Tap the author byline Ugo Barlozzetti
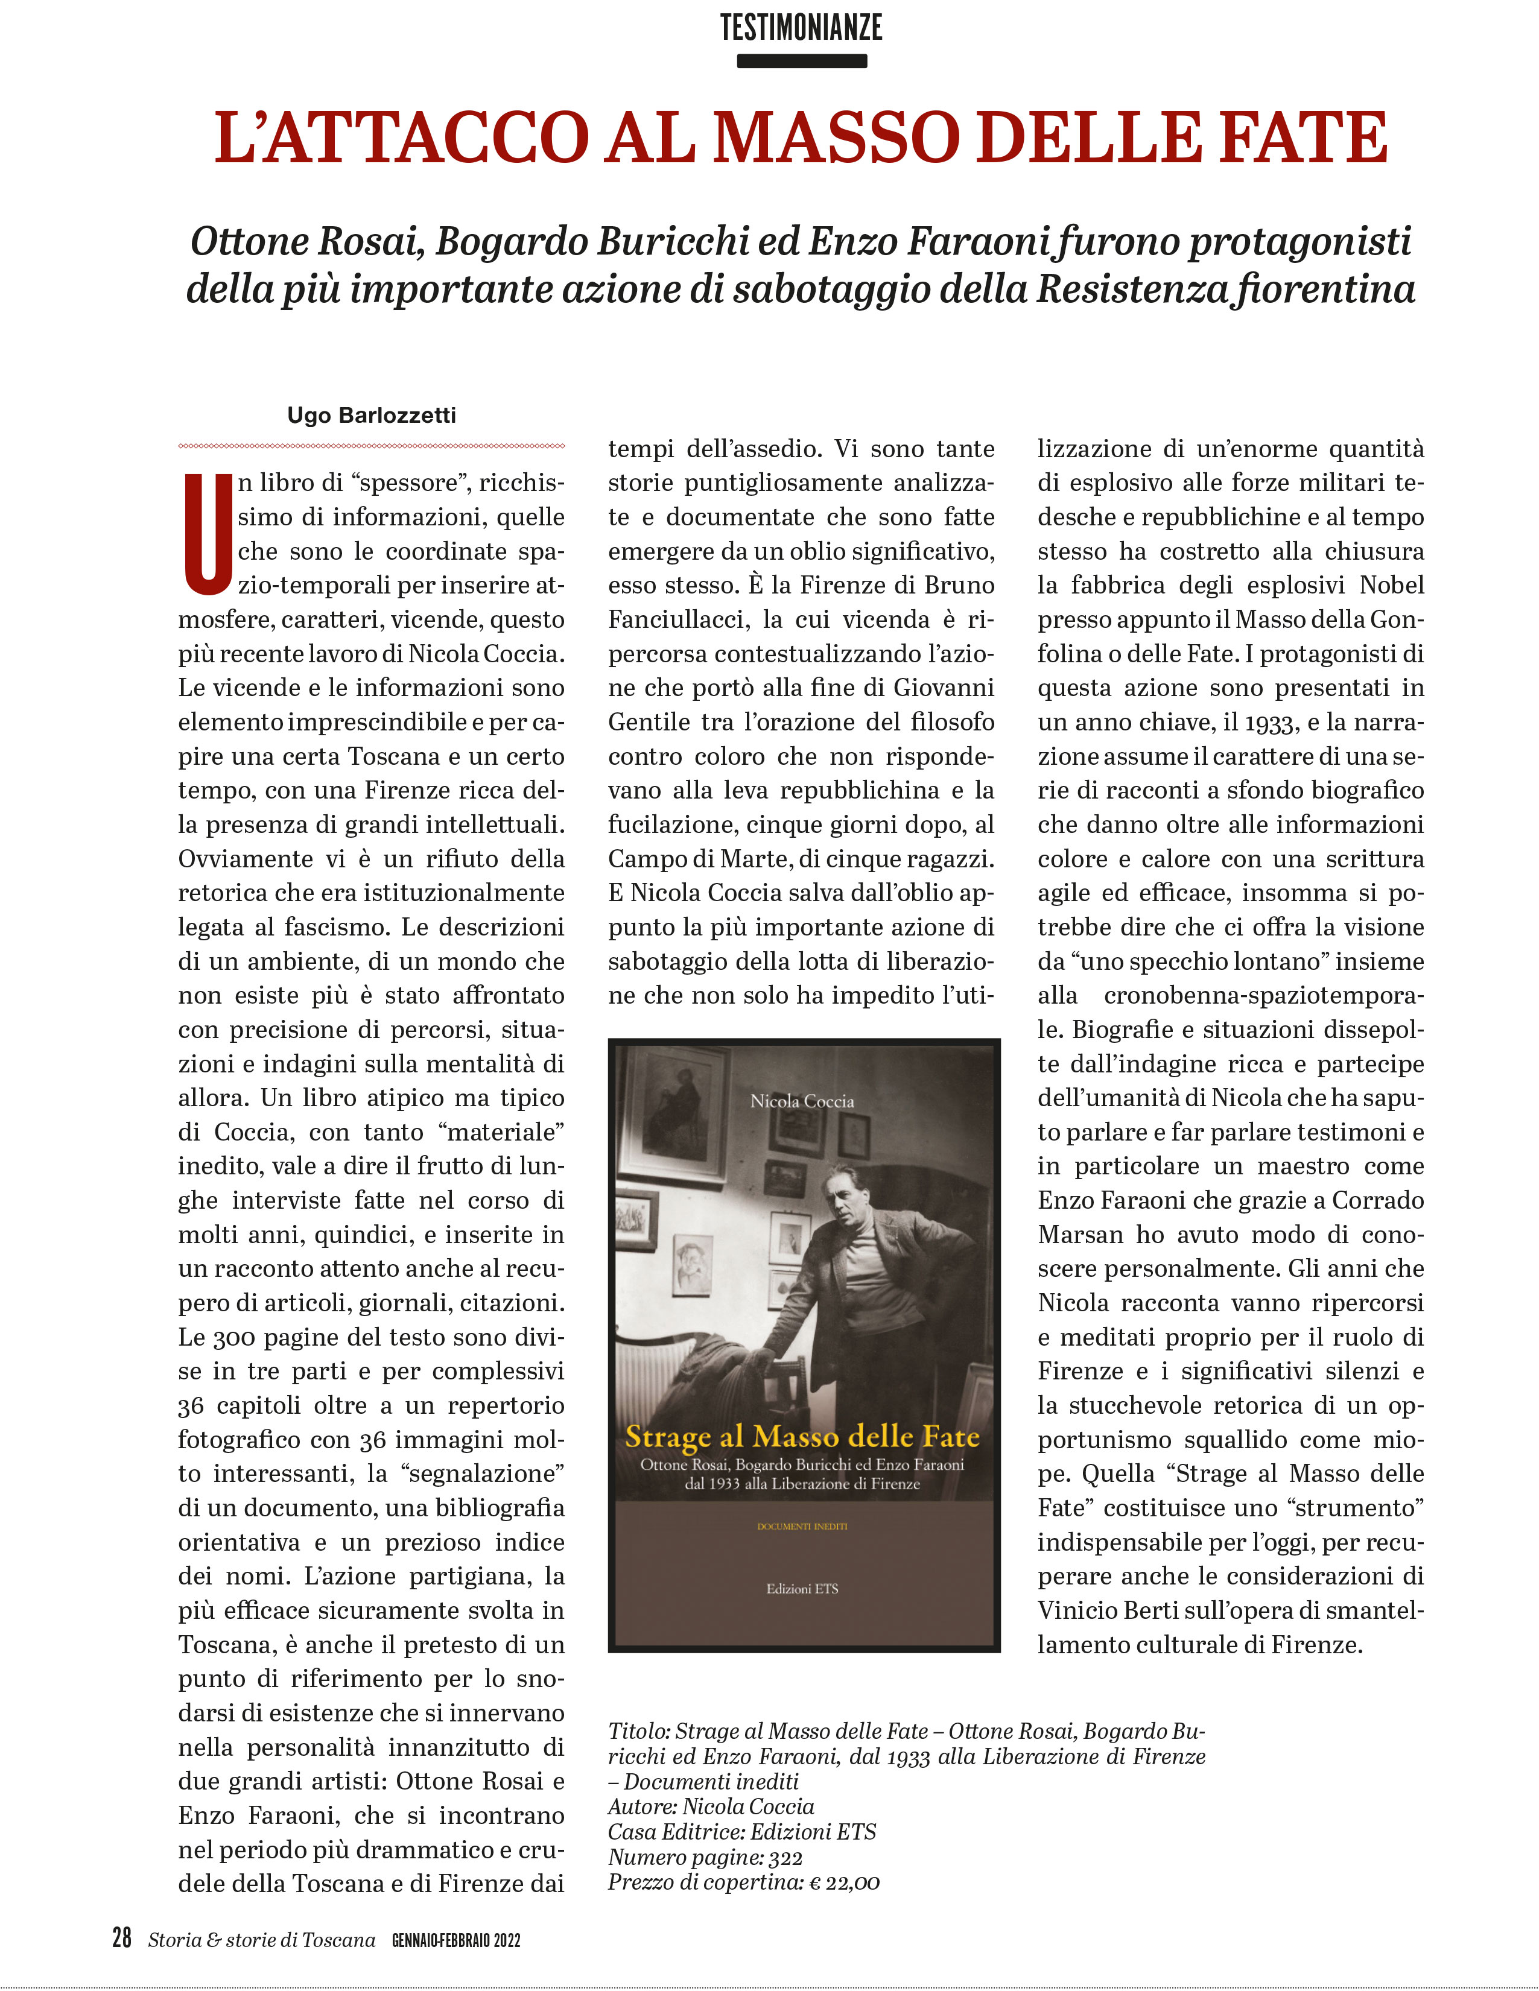coord(371,416)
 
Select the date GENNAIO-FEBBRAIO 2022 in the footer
coord(456,1940)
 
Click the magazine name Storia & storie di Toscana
coord(262,1939)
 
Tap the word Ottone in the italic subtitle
coord(249,242)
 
